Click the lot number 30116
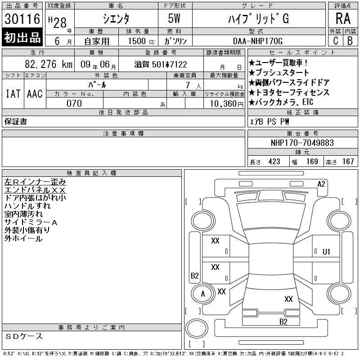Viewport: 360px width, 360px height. (22, 18)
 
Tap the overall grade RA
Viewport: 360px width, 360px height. (343, 18)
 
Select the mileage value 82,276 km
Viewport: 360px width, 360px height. (49, 64)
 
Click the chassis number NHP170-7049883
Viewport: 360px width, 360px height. (302, 143)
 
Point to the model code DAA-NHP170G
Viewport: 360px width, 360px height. (257, 41)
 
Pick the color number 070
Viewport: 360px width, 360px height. (74, 103)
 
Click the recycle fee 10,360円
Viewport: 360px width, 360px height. (227, 104)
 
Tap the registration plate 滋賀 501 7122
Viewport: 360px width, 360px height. (161, 64)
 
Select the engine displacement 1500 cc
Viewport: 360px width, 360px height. (141, 41)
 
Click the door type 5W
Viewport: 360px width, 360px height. (174, 18)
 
